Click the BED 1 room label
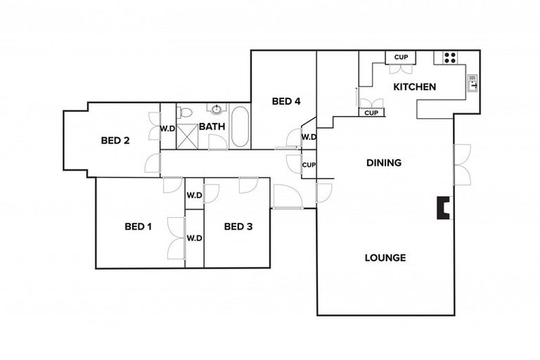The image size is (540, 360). [139, 226]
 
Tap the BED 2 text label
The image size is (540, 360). [115, 140]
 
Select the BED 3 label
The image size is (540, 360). [238, 226]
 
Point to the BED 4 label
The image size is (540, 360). [286, 101]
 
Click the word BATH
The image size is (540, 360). [212, 127]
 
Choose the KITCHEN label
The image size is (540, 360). [414, 87]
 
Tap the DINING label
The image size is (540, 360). [384, 162]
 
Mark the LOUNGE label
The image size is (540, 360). [385, 257]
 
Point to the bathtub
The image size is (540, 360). [240, 127]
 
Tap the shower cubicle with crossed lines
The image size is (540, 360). [187, 136]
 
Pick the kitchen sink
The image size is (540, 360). [472, 83]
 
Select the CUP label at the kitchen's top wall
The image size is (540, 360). [401, 58]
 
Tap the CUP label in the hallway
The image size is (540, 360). [308, 165]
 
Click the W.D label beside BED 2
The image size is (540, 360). [167, 129]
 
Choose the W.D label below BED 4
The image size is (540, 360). [308, 137]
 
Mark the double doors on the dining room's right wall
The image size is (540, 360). [462, 165]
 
